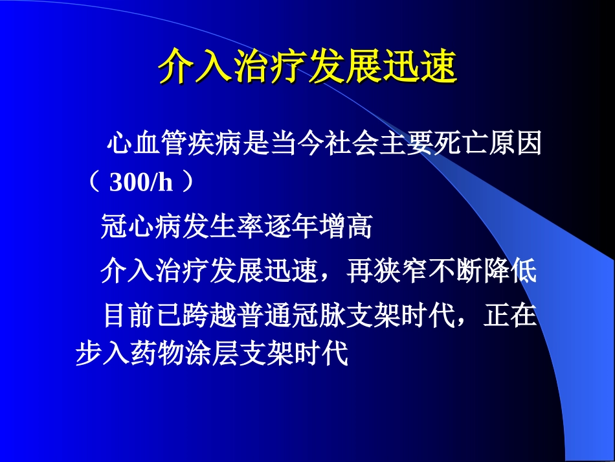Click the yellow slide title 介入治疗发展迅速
pos(307,65)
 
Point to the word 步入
pos(103,354)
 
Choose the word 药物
pos(157,354)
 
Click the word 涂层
pos(212,354)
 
